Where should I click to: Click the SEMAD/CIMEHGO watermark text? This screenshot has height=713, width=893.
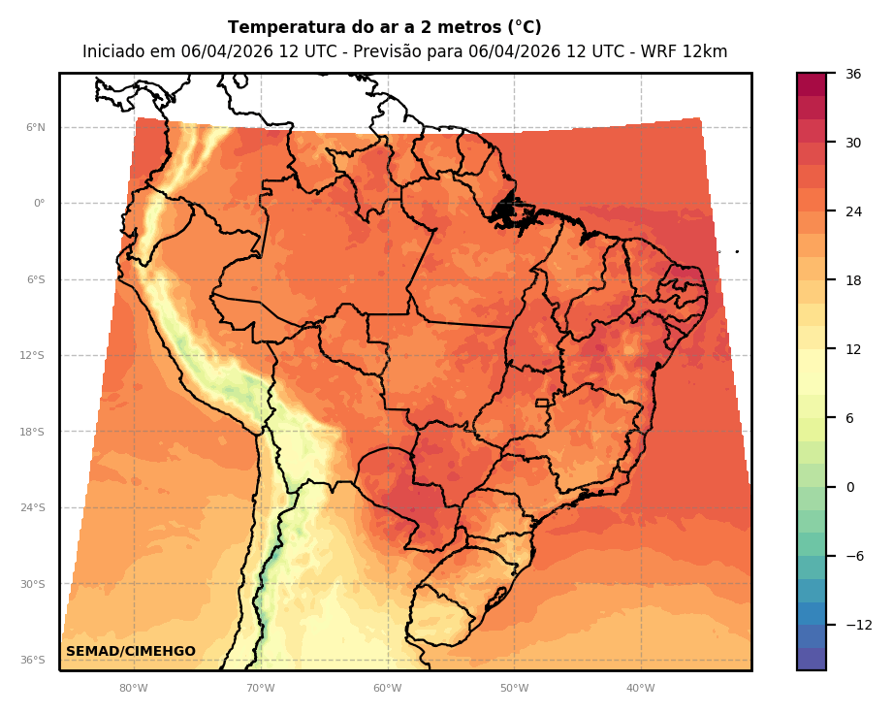[x=131, y=651]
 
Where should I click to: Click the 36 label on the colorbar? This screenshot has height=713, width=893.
[x=853, y=74]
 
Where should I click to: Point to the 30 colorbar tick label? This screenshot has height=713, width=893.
[x=853, y=143]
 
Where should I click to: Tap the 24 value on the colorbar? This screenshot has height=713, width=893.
[x=853, y=211]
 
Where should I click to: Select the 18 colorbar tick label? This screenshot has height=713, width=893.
[x=853, y=280]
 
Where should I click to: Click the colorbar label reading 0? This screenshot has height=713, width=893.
[x=850, y=487]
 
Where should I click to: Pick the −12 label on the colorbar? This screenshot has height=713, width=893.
[x=859, y=625]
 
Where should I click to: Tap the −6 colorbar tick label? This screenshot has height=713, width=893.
[x=854, y=556]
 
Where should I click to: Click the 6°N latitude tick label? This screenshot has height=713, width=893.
[x=36, y=127]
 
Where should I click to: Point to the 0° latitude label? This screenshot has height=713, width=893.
[x=39, y=204]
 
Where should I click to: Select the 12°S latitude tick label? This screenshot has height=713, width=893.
[x=34, y=356]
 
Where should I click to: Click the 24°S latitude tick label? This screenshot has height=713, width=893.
[x=34, y=507]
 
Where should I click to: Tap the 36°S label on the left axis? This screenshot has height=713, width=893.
[x=34, y=660]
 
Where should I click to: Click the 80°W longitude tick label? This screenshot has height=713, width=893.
[x=134, y=689]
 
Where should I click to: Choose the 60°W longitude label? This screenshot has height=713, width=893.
[x=388, y=689]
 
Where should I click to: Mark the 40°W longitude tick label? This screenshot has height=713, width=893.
[x=641, y=689]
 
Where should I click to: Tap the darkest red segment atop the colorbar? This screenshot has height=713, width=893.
[x=812, y=83]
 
